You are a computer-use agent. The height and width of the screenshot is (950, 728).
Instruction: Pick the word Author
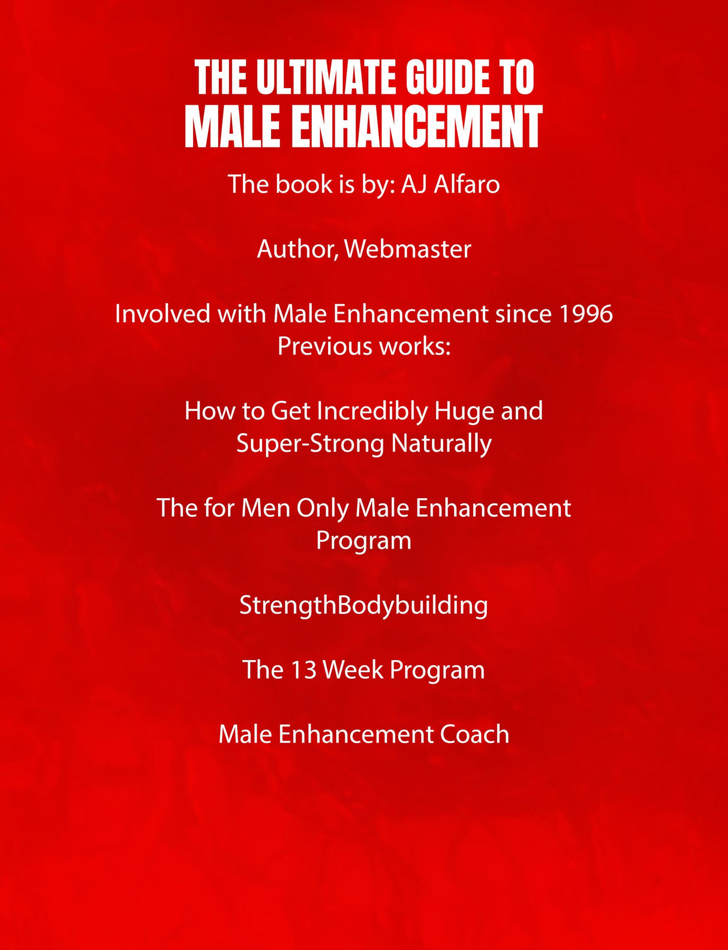coord(297,250)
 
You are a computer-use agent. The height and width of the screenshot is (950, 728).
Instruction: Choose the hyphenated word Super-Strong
coord(311,444)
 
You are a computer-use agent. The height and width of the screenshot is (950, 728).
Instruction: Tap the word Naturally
coord(441,444)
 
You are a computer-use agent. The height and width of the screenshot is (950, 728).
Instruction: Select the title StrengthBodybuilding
coord(364,606)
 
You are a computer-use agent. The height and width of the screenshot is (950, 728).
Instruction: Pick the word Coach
coord(474,735)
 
